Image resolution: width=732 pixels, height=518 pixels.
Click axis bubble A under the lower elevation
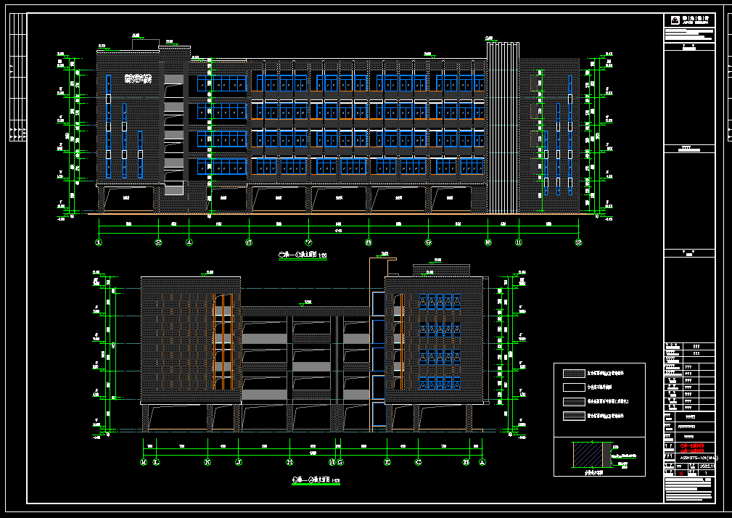click(x=482, y=461)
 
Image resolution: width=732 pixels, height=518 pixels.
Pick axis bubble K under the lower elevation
click(x=208, y=461)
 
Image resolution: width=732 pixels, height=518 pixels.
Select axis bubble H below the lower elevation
click(x=289, y=461)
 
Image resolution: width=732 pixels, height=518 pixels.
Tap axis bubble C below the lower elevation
click(x=418, y=461)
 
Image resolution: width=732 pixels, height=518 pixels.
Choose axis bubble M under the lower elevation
click(x=144, y=461)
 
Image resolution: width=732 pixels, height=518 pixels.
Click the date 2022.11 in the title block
click(x=708, y=466)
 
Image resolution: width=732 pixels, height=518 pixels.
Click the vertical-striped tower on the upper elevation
click(x=502, y=128)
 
